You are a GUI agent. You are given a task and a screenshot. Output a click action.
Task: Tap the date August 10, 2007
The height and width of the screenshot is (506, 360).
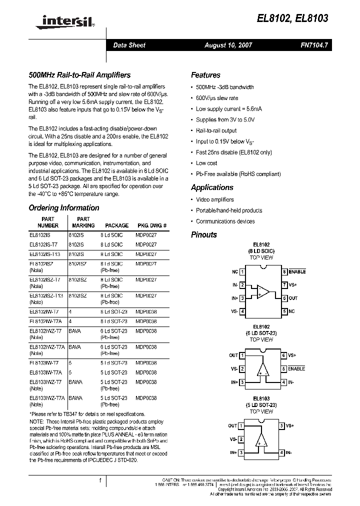coord(228,45)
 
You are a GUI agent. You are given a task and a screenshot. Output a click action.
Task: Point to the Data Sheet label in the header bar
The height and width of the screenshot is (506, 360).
coord(129,45)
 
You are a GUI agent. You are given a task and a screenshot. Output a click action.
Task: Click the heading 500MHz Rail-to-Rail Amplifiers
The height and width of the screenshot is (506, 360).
coord(79,75)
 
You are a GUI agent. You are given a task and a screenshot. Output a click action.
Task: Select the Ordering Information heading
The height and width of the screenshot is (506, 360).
coord(64,208)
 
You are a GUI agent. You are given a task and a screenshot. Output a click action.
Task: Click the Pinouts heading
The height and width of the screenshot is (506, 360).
coord(204,234)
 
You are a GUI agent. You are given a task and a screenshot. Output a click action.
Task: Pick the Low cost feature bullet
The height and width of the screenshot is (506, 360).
coord(206,163)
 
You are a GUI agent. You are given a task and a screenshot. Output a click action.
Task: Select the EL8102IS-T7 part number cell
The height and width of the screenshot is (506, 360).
coord(44,244)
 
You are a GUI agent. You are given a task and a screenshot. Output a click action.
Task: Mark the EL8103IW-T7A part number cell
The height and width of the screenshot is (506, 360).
coord(45,372)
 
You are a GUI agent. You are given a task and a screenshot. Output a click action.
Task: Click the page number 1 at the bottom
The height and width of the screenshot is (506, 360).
coord(100,480)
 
